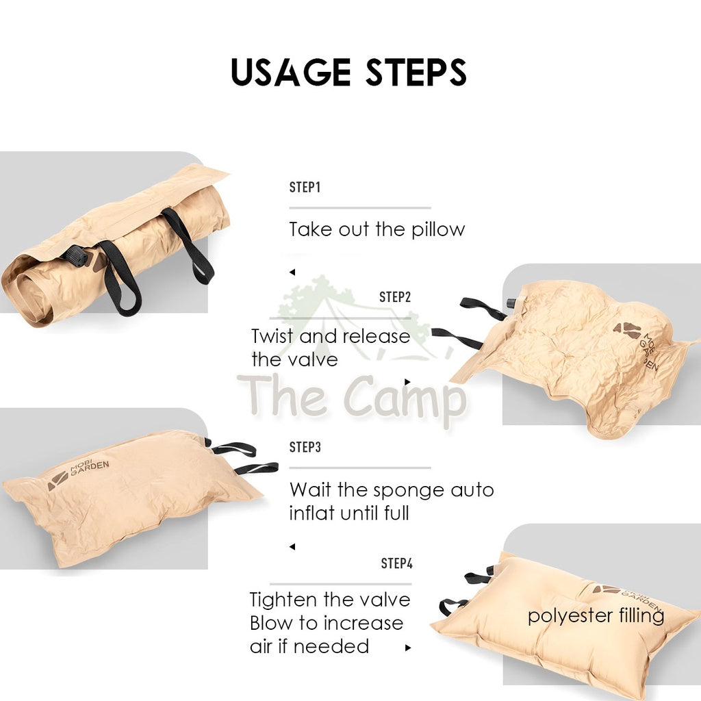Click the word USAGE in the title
[290, 71]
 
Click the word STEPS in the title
[416, 71]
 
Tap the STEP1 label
[305, 187]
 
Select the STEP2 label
[395, 297]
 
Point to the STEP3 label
[305, 447]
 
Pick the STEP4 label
[396, 563]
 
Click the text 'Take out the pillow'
[377, 230]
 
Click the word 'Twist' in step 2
[272, 336]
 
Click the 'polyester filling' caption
[596, 616]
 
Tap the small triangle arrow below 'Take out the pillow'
[292, 272]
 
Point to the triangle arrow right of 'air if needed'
[408, 648]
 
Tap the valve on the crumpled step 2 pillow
[511, 303]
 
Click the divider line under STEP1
[360, 208]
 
